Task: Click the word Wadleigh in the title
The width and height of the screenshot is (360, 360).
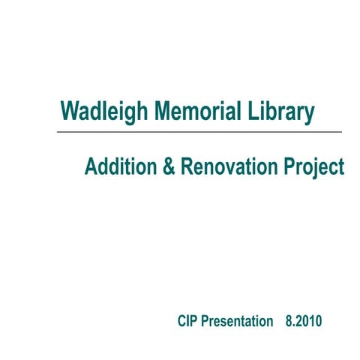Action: pyautogui.click(x=106, y=112)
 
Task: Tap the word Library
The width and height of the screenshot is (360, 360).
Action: pyautogui.click(x=281, y=112)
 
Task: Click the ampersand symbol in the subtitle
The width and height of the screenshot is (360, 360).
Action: pyautogui.click(x=168, y=166)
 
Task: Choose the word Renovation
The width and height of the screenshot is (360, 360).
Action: pyautogui.click(x=229, y=166)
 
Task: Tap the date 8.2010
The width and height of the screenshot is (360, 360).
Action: pyautogui.click(x=304, y=321)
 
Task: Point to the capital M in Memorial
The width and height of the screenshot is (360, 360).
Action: pyautogui.click(x=163, y=112)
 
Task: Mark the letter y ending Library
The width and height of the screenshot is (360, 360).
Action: pyautogui.click(x=308, y=115)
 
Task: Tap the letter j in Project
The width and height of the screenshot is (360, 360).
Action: pyautogui.click(x=316, y=168)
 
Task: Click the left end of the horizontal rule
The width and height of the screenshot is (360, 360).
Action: pyautogui.click(x=58, y=132)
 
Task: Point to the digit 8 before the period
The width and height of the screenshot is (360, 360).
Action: pyautogui.click(x=289, y=321)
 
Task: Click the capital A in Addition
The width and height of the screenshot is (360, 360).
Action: pyautogui.click(x=91, y=166)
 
